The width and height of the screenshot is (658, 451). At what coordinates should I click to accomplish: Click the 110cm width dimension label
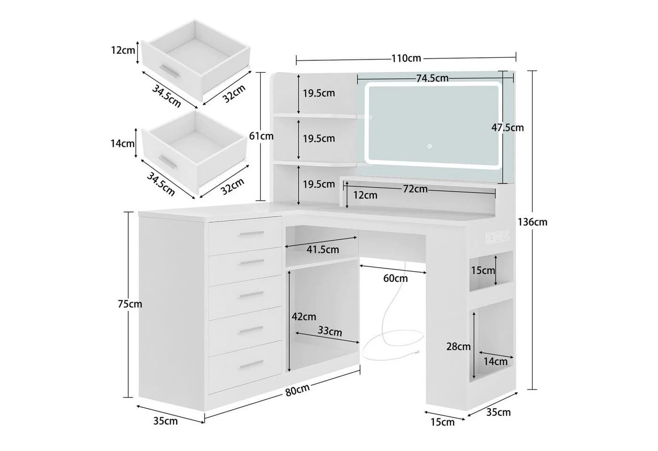(x=406, y=58)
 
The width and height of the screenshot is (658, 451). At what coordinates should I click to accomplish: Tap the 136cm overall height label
(x=532, y=222)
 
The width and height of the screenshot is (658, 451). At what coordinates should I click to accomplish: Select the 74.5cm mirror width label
(x=432, y=78)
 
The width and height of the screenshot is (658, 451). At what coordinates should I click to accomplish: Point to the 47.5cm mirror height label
(x=508, y=128)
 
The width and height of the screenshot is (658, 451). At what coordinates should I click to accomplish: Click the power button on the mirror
(x=430, y=146)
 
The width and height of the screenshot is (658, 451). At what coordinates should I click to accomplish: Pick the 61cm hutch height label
(x=261, y=136)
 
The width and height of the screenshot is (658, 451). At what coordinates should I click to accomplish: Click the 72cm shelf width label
(x=415, y=189)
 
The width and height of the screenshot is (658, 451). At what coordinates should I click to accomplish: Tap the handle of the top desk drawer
(x=251, y=234)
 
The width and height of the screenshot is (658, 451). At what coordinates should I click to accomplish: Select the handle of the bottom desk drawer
(x=251, y=365)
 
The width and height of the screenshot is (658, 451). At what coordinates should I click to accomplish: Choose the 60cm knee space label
(x=395, y=278)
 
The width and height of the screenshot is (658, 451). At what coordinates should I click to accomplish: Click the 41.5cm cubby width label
(x=323, y=249)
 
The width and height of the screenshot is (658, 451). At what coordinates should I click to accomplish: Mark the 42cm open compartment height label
(x=304, y=317)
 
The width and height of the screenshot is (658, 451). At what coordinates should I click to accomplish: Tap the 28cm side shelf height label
(x=458, y=347)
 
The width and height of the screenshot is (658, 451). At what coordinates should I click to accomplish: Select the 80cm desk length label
(x=298, y=389)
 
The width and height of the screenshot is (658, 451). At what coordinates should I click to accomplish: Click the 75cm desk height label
(x=130, y=304)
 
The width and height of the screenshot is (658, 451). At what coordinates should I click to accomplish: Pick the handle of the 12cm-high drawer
(x=169, y=71)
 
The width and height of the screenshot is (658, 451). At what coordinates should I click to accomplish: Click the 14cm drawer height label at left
(x=123, y=144)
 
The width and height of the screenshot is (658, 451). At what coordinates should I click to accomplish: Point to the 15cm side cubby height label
(x=483, y=271)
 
